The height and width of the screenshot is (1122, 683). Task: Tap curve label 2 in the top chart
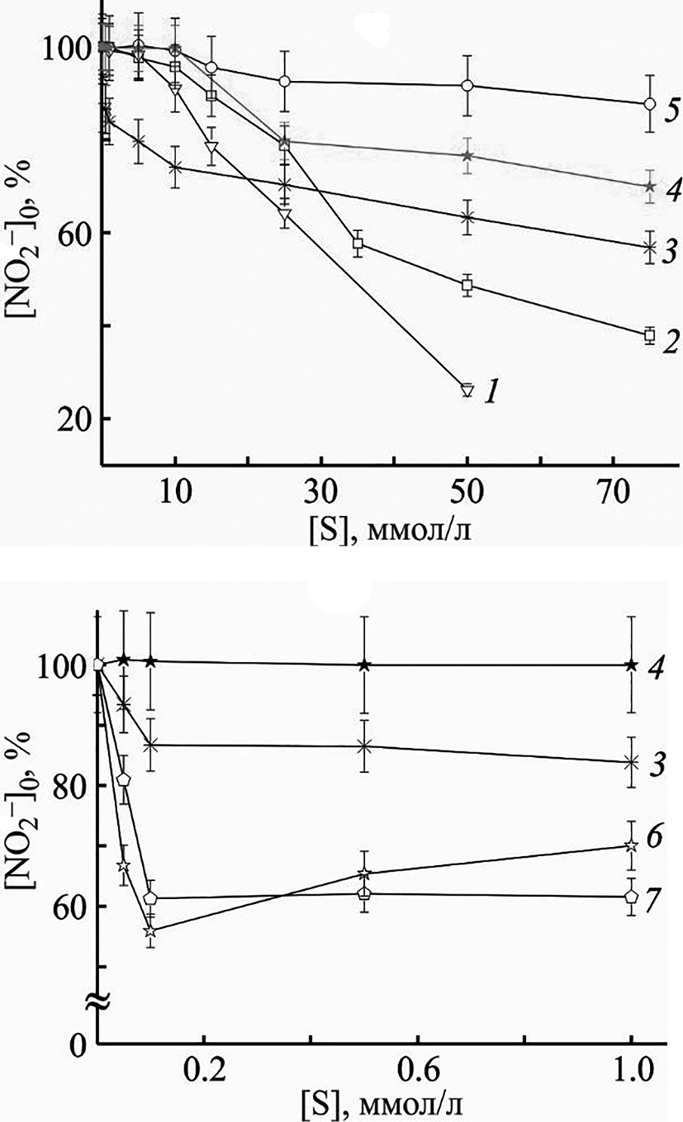[x=671, y=341]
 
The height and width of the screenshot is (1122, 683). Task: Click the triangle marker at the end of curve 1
[x=467, y=390]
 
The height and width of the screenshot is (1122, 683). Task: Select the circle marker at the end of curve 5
[x=649, y=104]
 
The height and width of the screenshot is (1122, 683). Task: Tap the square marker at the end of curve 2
[x=649, y=334]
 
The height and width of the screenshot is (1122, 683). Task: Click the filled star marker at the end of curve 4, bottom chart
[x=632, y=665]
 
